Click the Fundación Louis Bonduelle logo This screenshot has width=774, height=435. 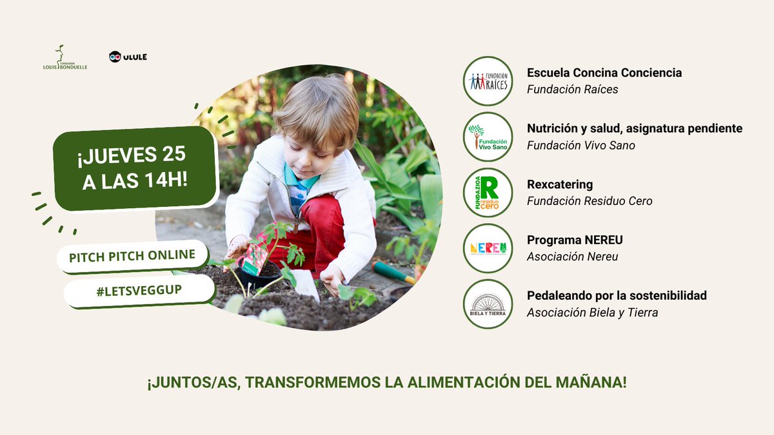[x=61, y=57]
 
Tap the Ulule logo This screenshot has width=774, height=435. [x=128, y=57]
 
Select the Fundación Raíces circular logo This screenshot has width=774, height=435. [x=488, y=81]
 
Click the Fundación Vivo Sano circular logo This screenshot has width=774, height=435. [x=488, y=137]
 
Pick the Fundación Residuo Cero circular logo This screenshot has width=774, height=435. [x=488, y=193]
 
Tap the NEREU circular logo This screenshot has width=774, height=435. [x=488, y=248]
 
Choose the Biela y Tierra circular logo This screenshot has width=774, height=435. [x=488, y=304]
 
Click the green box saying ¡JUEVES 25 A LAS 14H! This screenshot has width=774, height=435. [x=135, y=168]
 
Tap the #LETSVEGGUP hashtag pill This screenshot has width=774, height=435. [x=138, y=291]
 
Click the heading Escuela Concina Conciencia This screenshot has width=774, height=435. [x=604, y=73]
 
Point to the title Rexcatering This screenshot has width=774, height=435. [x=559, y=185]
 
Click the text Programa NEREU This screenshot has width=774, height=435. [x=575, y=240]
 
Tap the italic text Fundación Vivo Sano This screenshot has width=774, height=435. [x=580, y=146]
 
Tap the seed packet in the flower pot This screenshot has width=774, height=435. [x=254, y=257]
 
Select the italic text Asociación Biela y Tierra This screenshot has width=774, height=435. [x=592, y=313]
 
